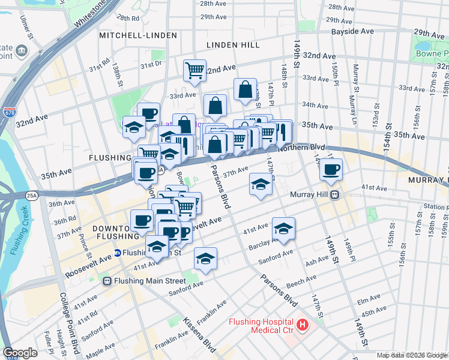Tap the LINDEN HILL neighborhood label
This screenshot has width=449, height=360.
point(233,45)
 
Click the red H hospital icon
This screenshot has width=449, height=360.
point(302,325)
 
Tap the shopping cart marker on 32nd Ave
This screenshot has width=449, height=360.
point(195,70)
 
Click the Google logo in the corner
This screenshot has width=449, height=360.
point(20,353)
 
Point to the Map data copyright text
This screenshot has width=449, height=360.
point(412,355)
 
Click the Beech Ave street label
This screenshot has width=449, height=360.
point(301,281)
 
